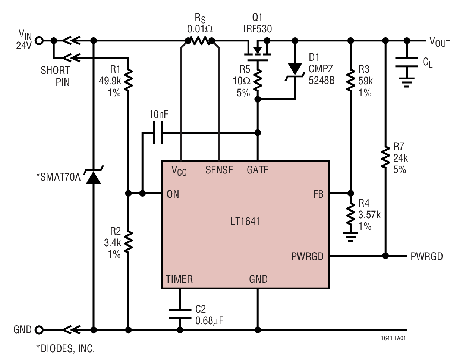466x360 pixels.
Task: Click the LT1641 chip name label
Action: pyautogui.click(x=245, y=221)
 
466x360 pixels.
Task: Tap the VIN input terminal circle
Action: pyautogui.click(x=38, y=40)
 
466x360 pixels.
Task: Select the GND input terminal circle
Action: pyautogui.click(x=38, y=330)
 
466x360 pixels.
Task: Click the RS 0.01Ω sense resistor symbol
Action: pyautogui.click(x=200, y=40)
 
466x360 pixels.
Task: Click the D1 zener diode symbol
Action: pyautogui.click(x=295, y=70)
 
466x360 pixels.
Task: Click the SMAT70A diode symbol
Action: pyautogui.click(x=93, y=176)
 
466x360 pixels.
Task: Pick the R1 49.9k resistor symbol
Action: pyautogui.click(x=128, y=80)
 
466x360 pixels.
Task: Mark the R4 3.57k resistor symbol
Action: pyautogui.click(x=350, y=214)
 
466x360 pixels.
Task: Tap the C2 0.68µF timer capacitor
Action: pyautogui.click(x=180, y=314)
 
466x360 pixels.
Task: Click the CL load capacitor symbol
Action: pyautogui.click(x=406, y=62)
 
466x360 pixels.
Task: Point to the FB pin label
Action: pyautogui.click(x=318, y=194)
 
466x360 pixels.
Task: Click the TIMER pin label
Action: pyautogui.click(x=179, y=279)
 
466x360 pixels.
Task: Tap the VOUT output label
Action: pyautogui.click(x=440, y=41)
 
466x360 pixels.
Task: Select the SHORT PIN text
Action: pyautogui.click(x=55, y=76)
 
